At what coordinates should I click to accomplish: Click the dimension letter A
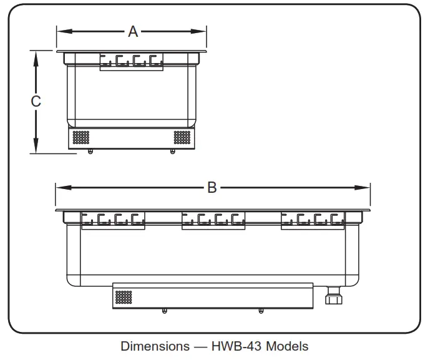tap(132, 31)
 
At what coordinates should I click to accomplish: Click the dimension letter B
tap(212, 187)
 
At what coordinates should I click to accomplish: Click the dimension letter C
tap(36, 101)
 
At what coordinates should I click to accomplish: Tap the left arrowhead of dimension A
tap(61, 31)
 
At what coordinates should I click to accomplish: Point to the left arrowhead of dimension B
tap(60, 187)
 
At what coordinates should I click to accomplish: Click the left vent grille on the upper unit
tap(82, 137)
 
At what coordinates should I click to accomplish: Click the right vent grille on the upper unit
tap(182, 137)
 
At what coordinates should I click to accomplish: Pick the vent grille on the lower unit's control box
tap(123, 297)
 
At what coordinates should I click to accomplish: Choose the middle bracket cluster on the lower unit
tap(213, 220)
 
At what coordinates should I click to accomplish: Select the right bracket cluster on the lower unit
tap(312, 220)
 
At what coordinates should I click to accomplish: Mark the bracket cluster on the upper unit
tap(131, 61)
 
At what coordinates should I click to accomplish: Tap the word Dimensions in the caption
tap(155, 346)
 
